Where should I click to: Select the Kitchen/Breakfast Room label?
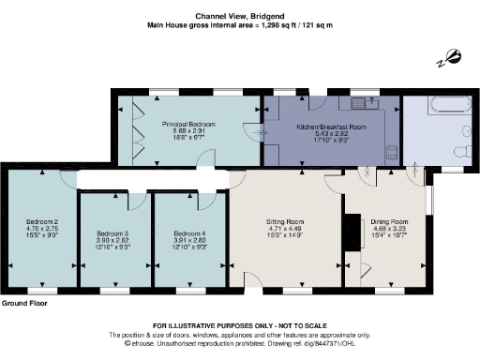[x=324, y=126]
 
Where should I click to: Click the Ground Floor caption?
[x=27, y=304]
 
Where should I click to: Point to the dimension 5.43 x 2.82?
[x=324, y=132]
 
